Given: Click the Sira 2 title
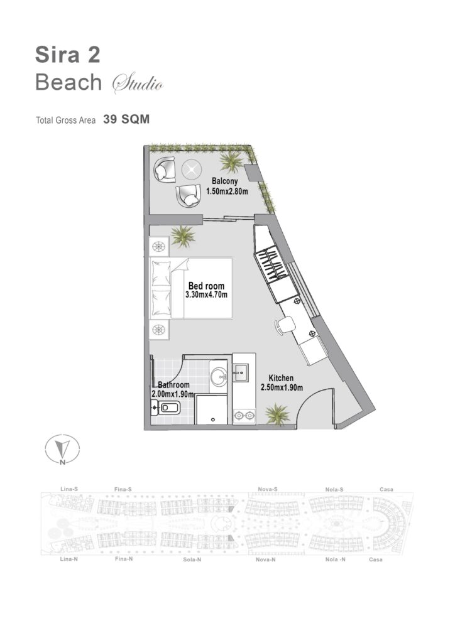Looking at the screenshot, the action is click(68, 55).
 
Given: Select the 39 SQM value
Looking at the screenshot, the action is click(126, 119).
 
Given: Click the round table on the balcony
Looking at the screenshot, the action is click(191, 170).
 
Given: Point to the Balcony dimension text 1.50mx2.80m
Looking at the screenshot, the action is click(227, 191).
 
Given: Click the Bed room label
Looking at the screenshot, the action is click(206, 286).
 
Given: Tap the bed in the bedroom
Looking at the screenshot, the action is click(191, 288).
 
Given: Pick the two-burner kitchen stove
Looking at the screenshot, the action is click(244, 416).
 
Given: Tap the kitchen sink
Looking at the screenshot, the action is click(240, 373).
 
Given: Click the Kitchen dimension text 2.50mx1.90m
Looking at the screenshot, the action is click(282, 387).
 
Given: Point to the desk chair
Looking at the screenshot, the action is click(284, 325).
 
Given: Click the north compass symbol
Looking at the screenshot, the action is click(62, 450).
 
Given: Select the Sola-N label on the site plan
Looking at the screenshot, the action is click(192, 559).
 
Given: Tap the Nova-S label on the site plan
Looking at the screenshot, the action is click(268, 489).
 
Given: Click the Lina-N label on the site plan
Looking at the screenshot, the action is click(69, 559).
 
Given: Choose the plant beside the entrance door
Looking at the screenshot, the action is click(277, 414).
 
